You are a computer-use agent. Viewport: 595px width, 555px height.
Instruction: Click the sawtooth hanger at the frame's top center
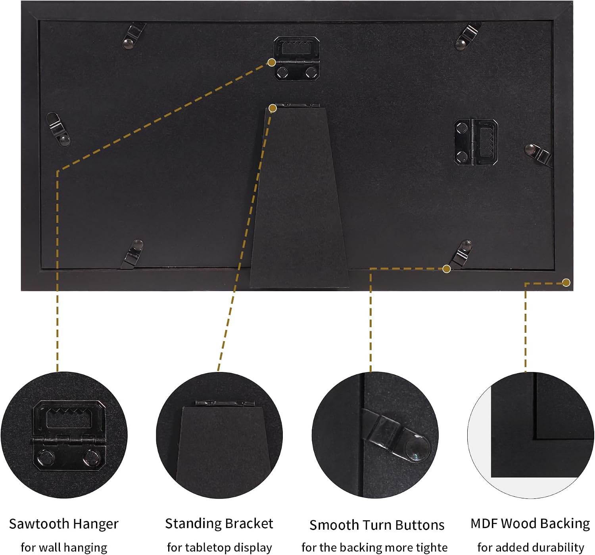(297, 58)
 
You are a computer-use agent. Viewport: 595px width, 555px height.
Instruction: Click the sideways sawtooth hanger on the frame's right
(476, 143)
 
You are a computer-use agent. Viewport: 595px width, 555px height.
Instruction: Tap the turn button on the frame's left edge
(58, 129)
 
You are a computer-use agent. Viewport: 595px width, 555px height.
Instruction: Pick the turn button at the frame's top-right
(467, 36)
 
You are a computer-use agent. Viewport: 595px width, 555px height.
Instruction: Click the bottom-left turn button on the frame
(132, 254)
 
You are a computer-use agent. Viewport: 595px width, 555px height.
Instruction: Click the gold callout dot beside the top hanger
(272, 63)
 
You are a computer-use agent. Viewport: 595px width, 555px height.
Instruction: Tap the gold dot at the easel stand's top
(273, 109)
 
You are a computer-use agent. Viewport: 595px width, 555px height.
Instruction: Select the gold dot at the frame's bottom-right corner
(566, 282)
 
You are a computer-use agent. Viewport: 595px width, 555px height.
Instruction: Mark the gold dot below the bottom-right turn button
(447, 269)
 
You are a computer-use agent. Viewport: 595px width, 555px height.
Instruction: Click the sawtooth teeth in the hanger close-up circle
(69, 414)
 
